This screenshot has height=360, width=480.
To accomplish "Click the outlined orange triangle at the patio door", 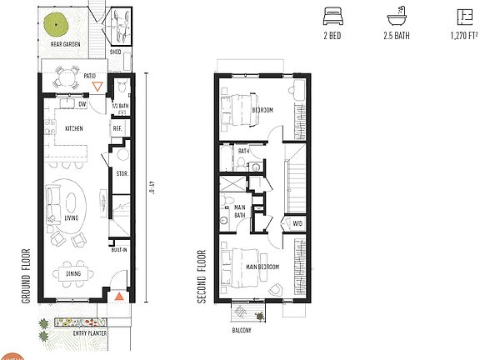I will [98, 85].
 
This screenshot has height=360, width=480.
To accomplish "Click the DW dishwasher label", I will [82, 105].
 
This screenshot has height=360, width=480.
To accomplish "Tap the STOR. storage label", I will [121, 173].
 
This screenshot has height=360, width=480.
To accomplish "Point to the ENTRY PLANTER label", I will [76, 333].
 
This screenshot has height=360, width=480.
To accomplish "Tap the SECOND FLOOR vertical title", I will [202, 275].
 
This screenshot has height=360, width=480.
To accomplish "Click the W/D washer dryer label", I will [297, 222].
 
